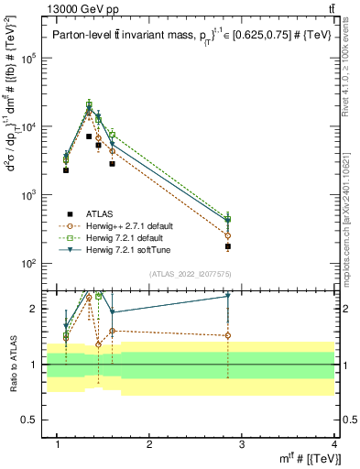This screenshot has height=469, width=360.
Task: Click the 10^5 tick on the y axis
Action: click(x=29, y=58)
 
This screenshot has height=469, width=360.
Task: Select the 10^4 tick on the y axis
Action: click(x=29, y=126)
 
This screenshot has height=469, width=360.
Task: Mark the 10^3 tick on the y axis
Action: click(x=29, y=195)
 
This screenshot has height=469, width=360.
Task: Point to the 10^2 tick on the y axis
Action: click(x=29, y=264)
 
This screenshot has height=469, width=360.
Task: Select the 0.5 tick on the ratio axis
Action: click(x=31, y=421)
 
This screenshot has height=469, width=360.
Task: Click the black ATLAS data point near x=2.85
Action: click(x=228, y=246)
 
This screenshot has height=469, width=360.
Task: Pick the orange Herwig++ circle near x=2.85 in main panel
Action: click(x=228, y=235)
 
